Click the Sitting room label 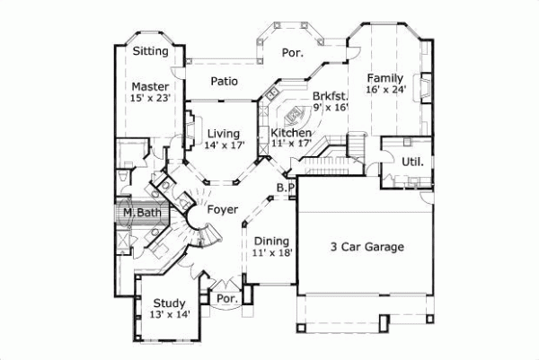point(150,51)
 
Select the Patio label point(224,81)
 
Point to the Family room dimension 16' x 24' point(385,90)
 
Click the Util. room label point(412,162)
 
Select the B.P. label point(286,188)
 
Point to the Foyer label point(222,209)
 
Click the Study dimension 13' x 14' point(169,314)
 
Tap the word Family point(385,78)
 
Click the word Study point(169,303)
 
